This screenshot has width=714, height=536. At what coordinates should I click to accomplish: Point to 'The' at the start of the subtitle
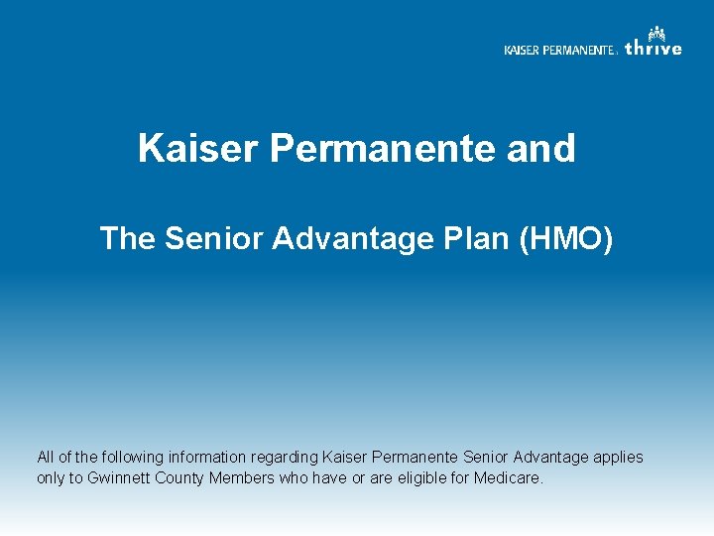126,238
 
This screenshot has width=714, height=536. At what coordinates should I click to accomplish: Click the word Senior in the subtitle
206,238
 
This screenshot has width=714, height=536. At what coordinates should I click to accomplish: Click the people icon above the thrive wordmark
656,33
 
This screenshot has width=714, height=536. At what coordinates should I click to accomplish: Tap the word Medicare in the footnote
509,477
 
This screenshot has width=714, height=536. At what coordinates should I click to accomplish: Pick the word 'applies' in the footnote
619,458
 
